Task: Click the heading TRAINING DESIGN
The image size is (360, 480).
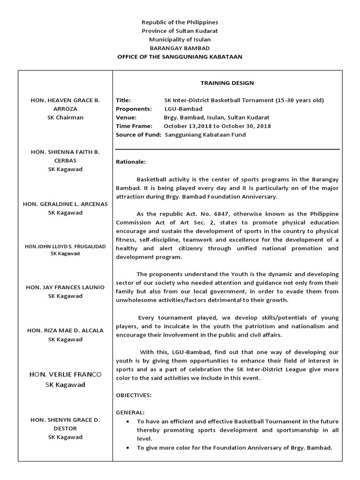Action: pos(227,83)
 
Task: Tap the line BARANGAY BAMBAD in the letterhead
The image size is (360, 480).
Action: pos(180,48)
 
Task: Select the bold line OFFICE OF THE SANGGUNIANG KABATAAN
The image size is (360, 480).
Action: pos(180,57)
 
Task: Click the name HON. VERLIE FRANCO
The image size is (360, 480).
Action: pos(65,375)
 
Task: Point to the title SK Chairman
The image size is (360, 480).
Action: pos(65,117)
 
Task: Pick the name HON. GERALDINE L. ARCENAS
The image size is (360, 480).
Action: pos(65,203)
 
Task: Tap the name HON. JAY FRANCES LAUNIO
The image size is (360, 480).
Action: pos(65,287)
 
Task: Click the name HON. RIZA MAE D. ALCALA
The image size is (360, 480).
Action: pos(65,330)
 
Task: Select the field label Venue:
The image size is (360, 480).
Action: pos(126,118)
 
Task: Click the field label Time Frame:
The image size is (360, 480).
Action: pos(134,126)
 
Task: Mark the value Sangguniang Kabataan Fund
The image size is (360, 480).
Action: pos(205,135)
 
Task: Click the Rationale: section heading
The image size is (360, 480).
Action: pos(131,162)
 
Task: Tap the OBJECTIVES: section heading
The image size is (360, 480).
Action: pos(134,395)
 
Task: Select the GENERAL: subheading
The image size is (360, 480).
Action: pos(130,412)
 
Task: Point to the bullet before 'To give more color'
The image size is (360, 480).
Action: pos(128,448)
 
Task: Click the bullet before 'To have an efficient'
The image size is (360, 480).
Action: pos(128,421)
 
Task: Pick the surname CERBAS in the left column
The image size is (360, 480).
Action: pos(65,160)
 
